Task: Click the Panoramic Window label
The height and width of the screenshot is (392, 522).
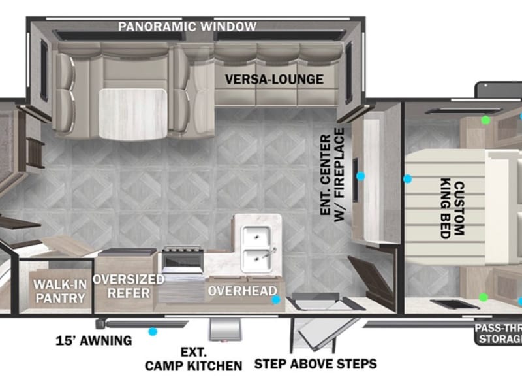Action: pos(187,27)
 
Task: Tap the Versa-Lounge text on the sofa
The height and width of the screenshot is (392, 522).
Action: pos(274,79)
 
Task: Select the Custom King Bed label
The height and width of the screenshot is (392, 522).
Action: pos(452,209)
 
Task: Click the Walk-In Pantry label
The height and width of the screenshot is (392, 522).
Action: pos(60,291)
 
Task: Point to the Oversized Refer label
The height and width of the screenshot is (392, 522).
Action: pos(129,286)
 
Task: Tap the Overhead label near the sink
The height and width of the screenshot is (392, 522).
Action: pos(242,291)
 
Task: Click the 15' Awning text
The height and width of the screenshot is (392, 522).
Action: pos(94,340)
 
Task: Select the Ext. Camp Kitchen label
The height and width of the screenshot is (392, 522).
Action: pos(193,359)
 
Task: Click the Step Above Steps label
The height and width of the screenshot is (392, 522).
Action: pos(315,364)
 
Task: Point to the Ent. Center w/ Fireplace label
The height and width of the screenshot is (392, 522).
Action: pos(332,175)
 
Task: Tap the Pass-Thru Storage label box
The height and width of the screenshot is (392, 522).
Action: pos(499,333)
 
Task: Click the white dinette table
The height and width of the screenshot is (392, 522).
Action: pos(132,114)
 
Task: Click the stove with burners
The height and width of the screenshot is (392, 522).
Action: pos(183,260)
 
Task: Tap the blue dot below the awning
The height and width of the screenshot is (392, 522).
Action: pos(153,331)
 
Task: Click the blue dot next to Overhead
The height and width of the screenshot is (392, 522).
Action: pos(275,300)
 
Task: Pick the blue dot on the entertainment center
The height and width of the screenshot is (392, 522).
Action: pos(360,176)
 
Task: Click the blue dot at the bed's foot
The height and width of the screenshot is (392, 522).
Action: pos(407,179)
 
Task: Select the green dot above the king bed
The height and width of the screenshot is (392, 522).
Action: pos(485,120)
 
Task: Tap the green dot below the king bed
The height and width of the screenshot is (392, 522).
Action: pos(484,297)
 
